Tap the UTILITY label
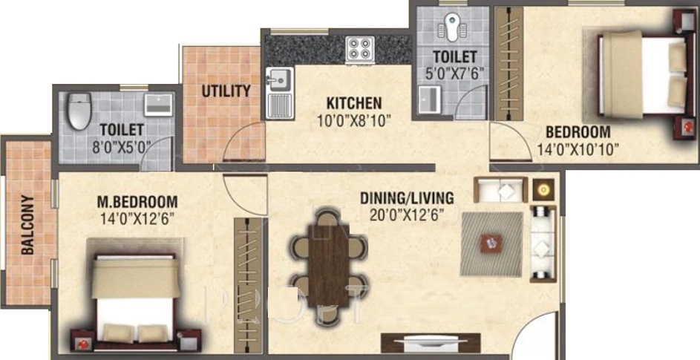pos(226,91)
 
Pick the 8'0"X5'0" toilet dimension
pos(120,147)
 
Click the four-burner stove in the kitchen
pos(359,49)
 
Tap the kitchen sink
pos(278,77)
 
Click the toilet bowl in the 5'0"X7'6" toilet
pos(451,28)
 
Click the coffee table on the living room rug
pos(490,241)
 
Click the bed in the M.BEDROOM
pos(134,297)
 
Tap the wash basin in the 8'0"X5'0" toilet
pos(157,105)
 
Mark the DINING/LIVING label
pos(407,198)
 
